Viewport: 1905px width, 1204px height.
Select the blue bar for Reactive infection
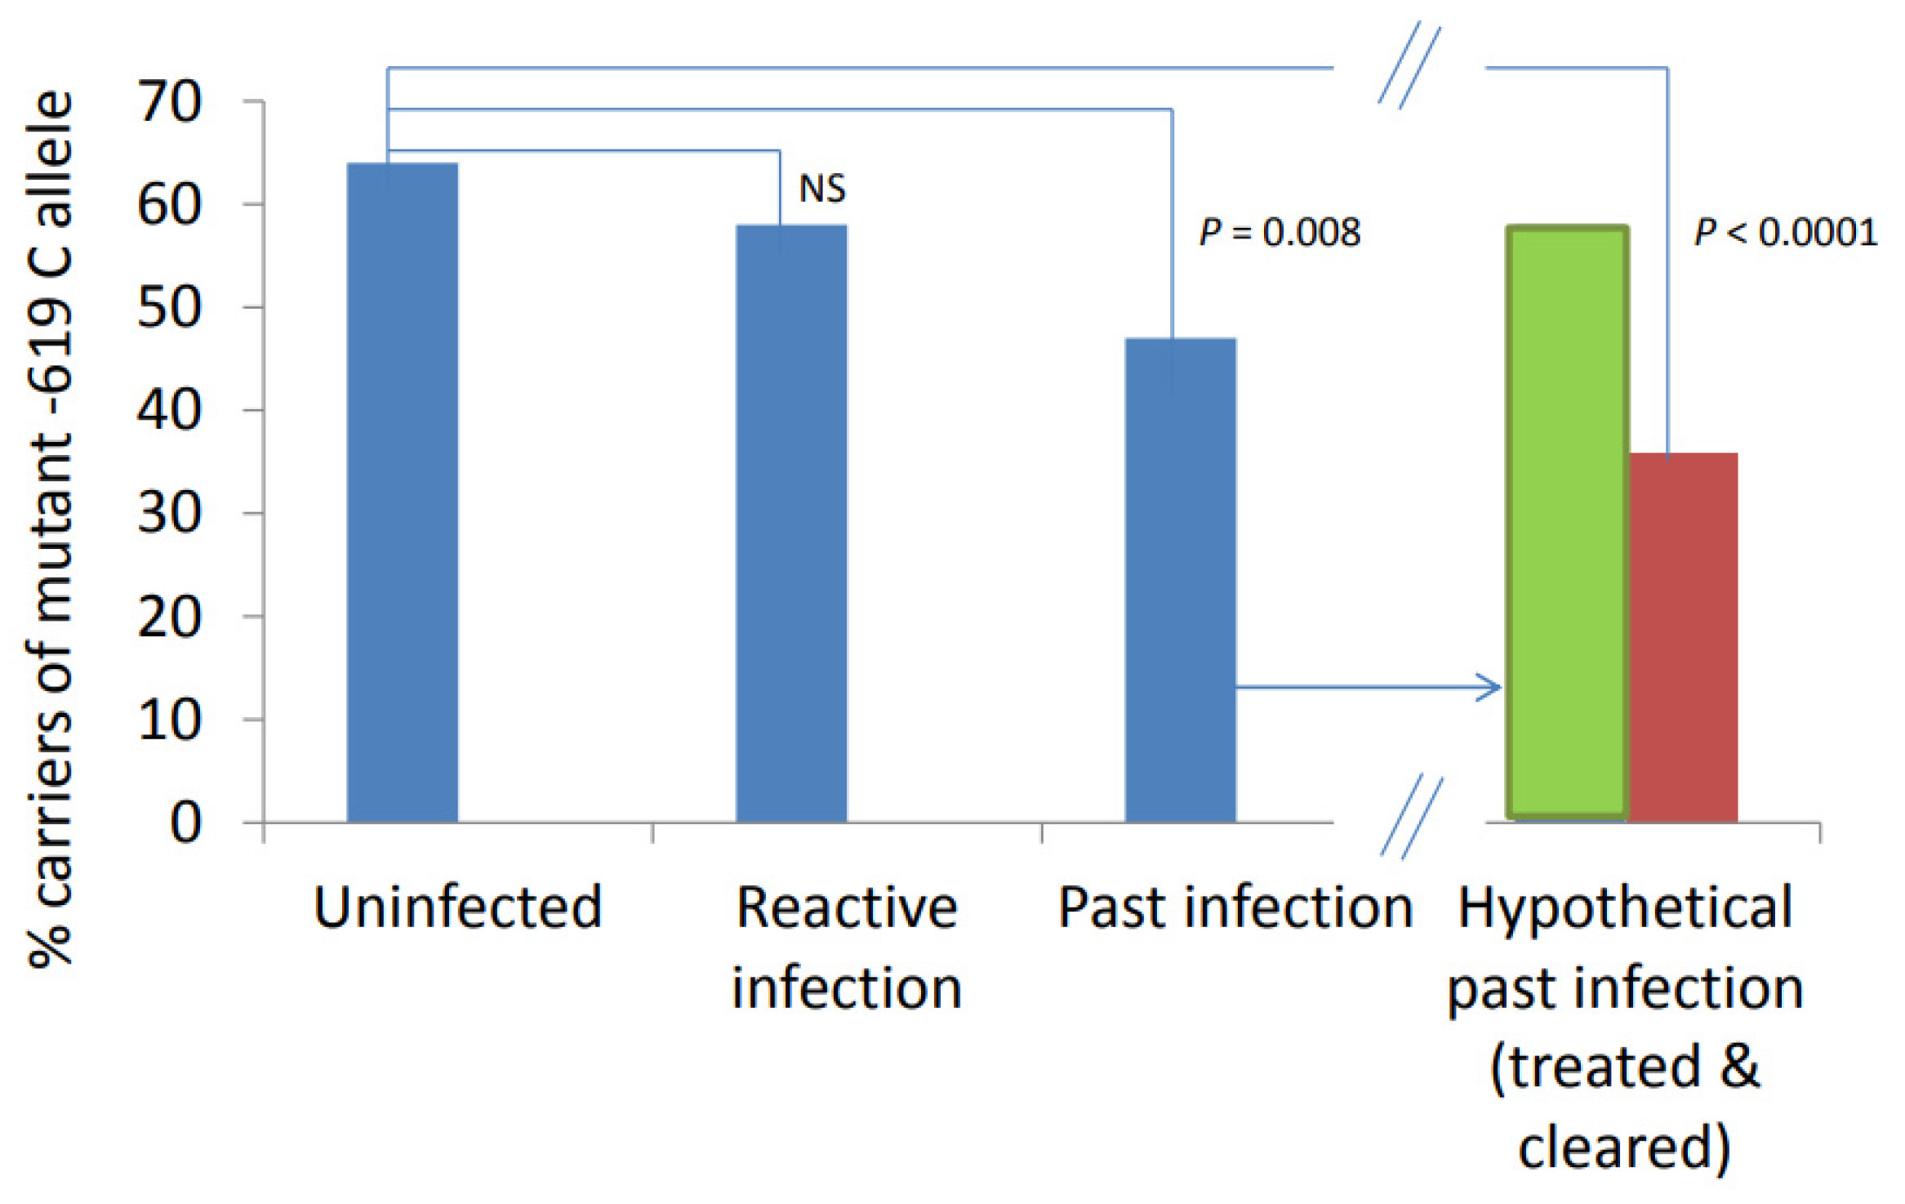(791, 524)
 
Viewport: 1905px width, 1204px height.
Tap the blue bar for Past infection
(1180, 580)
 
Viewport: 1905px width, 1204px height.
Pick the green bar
(1567, 523)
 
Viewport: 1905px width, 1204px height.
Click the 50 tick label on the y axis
(169, 308)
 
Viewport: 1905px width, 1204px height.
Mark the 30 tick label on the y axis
(169, 514)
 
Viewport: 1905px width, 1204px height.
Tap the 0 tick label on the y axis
(185, 823)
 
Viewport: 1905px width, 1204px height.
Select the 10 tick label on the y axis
(169, 720)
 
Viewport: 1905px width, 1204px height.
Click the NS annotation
(822, 189)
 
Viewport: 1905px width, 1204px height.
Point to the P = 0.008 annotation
(1280, 233)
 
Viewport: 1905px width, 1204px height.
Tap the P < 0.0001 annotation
(1786, 233)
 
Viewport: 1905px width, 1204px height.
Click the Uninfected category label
(458, 907)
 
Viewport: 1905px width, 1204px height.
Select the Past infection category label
(1235, 907)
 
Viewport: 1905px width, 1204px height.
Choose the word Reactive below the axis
(847, 907)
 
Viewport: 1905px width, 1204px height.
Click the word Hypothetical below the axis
(1625, 907)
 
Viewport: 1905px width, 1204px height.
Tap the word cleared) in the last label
(1625, 1147)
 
